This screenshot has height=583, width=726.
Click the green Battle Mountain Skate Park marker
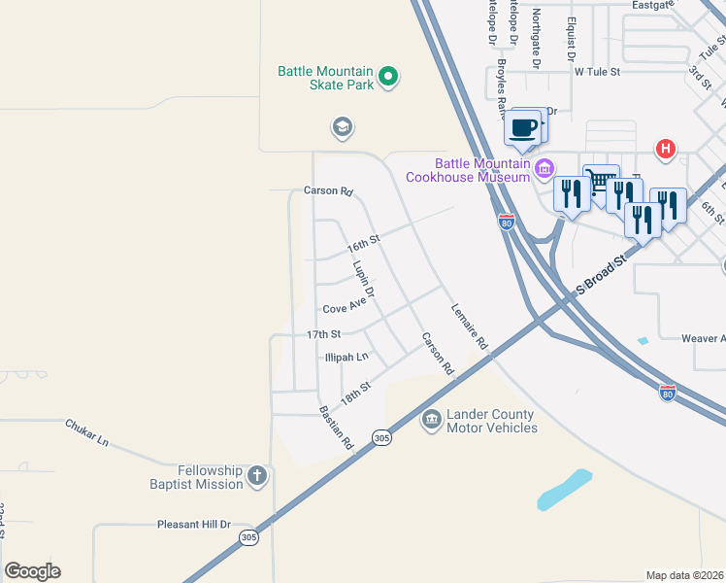(388, 77)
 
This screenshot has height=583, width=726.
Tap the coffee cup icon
(523, 127)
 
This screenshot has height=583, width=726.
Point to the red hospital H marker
(666, 149)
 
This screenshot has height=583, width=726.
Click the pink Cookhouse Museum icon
(544, 170)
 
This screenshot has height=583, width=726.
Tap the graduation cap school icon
(341, 127)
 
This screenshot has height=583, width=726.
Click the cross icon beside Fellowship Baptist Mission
(256, 475)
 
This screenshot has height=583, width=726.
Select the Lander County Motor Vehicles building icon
(430, 421)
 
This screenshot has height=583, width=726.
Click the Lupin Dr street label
(364, 279)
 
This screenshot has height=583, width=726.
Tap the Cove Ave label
(344, 308)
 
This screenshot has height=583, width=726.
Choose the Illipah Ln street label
(346, 357)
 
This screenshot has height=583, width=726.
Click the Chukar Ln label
(87, 431)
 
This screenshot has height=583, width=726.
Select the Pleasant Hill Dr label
(194, 525)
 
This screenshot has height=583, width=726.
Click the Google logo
(32, 571)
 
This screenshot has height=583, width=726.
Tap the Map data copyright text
(684, 575)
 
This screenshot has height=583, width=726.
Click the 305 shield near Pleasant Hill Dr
(249, 537)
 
